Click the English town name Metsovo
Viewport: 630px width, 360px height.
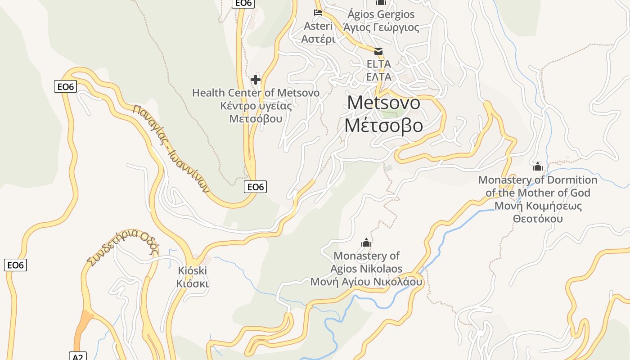pyautogui.click(x=384, y=103)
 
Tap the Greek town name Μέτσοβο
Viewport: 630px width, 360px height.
pyautogui.click(x=384, y=125)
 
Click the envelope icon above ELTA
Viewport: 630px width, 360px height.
pyautogui.click(x=378, y=51)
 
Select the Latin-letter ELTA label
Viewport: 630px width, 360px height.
pyautogui.click(x=378, y=64)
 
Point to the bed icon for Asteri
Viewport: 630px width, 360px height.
pyautogui.click(x=318, y=13)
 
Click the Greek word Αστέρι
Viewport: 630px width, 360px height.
pyautogui.click(x=318, y=39)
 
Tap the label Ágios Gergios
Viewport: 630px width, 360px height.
pyautogui.click(x=381, y=14)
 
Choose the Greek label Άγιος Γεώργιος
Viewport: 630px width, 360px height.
pyautogui.click(x=381, y=27)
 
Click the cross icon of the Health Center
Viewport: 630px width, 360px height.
pyautogui.click(x=256, y=80)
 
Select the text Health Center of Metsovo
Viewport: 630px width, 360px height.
pyautogui.click(x=256, y=93)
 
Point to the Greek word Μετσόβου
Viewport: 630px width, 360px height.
pyautogui.click(x=256, y=119)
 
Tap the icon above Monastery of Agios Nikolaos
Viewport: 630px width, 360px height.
pyautogui.click(x=366, y=243)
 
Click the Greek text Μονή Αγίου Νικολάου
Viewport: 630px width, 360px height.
pyautogui.click(x=366, y=282)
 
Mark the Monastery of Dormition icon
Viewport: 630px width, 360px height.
pyautogui.click(x=538, y=166)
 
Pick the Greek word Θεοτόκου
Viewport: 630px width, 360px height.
pyautogui.click(x=538, y=219)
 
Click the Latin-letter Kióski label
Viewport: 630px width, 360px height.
pyautogui.click(x=192, y=271)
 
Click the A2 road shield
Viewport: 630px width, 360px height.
pyautogui.click(x=77, y=356)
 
